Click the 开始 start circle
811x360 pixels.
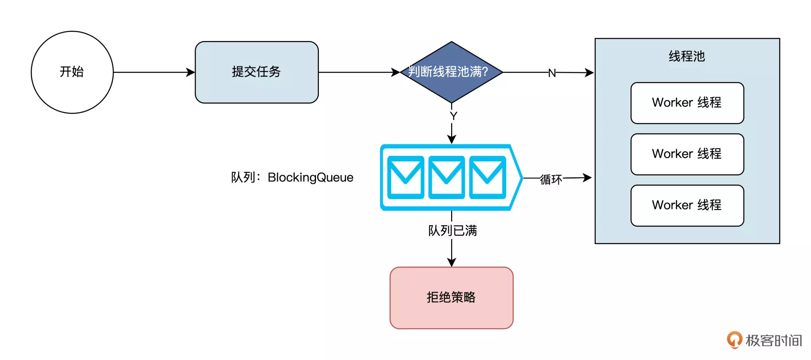click(x=72, y=72)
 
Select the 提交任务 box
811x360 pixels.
click(x=256, y=72)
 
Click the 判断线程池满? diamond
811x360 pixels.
click(x=451, y=72)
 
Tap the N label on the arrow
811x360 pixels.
click(x=552, y=73)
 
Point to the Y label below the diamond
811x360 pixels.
click(x=453, y=116)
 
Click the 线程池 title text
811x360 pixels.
click(x=687, y=56)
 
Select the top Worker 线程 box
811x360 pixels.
click(x=687, y=103)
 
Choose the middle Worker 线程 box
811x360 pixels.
click(x=687, y=154)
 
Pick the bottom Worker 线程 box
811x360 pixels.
click(x=687, y=205)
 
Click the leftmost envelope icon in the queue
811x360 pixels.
click(x=405, y=177)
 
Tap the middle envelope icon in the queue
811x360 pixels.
click(x=446, y=177)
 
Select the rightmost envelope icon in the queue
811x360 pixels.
click(x=487, y=177)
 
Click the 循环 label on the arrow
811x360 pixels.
click(x=551, y=180)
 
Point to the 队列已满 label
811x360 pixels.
click(x=452, y=231)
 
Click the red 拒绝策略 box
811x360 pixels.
click(x=451, y=297)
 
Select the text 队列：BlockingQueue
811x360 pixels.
click(x=292, y=177)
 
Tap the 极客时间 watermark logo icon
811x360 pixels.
click(x=734, y=340)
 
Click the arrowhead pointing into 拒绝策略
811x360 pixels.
click(x=452, y=262)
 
